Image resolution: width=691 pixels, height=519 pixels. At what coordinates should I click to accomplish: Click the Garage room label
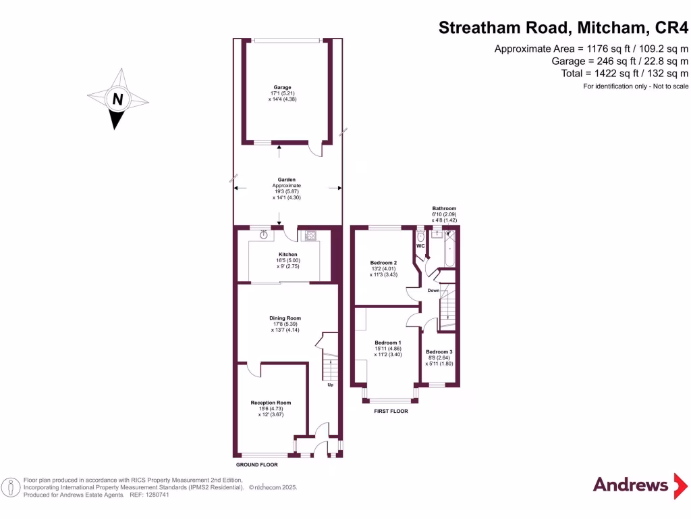pos(282,87)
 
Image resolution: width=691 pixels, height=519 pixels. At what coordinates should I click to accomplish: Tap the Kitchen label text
pos(288,255)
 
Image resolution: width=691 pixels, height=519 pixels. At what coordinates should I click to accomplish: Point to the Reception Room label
pos(270,403)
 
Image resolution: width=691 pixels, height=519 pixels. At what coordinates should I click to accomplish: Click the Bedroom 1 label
pos(388,343)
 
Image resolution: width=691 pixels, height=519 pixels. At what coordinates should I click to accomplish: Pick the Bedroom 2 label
pos(383,262)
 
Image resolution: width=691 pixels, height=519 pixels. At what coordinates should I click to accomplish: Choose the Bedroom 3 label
pos(439,352)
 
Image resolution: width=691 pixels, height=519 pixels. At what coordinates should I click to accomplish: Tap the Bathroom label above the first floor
pos(444,209)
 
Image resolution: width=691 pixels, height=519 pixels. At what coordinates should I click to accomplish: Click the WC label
pos(420,246)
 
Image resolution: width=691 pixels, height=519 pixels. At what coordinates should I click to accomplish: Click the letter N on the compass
pos(118,99)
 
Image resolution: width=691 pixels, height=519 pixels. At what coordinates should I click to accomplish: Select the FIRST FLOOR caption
pos(391,411)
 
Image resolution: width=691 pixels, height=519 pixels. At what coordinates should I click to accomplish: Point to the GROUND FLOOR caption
pos(256,465)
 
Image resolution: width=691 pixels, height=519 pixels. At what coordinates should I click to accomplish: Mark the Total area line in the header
pos(624,73)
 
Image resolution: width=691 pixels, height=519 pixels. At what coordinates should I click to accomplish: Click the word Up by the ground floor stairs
pos(330,385)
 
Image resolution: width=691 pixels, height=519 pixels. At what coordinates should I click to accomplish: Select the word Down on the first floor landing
pos(433,291)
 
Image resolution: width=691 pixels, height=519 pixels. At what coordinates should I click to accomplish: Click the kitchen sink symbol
pos(263,235)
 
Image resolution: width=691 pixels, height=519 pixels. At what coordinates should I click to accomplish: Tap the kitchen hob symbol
pos(312,236)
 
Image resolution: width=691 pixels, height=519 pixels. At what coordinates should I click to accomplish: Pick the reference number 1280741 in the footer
pos(156,495)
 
